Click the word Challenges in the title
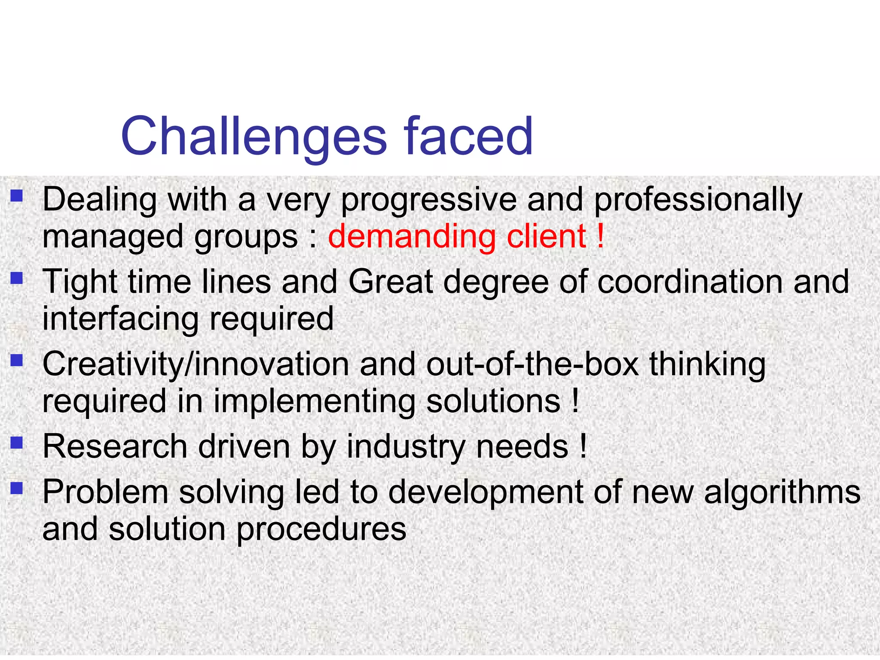pos(254,137)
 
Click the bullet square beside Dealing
pos(17,196)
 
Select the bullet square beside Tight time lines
pos(17,278)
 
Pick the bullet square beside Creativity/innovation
pos(17,360)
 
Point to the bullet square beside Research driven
pos(17,443)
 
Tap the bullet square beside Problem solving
pos(17,488)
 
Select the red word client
pos(547,237)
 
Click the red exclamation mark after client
pos(600,237)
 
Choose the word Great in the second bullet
pos(390,282)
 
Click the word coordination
pos(690,282)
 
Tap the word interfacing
pos(120,319)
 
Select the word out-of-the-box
pos(532,364)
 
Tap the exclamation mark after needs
pos(583,446)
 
